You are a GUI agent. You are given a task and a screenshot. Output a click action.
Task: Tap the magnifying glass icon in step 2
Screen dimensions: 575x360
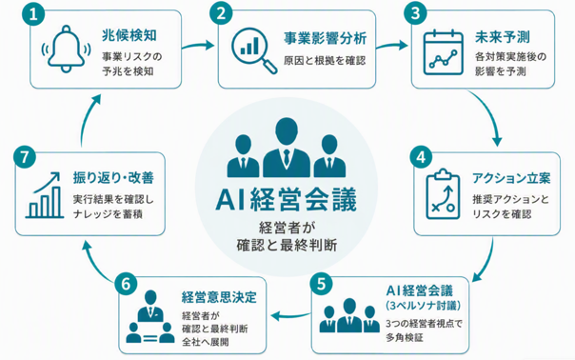(x=254, y=50)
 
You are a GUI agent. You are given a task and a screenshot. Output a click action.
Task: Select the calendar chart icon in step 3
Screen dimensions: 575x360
(x=443, y=52)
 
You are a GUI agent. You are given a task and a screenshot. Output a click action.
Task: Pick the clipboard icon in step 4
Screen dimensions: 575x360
(x=443, y=193)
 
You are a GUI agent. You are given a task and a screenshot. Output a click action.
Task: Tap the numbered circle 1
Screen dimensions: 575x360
(x=33, y=14)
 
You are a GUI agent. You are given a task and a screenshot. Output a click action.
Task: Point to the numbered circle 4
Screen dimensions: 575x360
(x=421, y=157)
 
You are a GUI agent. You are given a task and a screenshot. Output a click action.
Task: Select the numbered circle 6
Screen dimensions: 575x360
(x=126, y=284)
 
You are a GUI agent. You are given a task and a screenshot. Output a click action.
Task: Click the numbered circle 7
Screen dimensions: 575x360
(x=24, y=157)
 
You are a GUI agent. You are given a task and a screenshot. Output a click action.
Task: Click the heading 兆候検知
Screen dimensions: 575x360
(x=129, y=35)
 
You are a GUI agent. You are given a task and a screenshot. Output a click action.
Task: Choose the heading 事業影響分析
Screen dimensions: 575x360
(x=326, y=38)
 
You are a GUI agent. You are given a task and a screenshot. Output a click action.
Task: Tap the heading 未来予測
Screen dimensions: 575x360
(x=503, y=37)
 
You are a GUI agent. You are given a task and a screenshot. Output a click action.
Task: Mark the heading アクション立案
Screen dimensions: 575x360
(x=511, y=178)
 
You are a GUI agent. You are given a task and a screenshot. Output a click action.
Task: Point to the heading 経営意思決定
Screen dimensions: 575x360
(x=219, y=297)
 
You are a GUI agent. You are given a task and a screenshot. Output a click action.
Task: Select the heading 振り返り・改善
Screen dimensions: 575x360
(x=113, y=177)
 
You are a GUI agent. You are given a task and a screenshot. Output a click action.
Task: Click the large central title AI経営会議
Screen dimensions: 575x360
(x=287, y=199)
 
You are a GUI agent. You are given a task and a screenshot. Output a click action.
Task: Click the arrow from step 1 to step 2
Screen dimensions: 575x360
(x=198, y=46)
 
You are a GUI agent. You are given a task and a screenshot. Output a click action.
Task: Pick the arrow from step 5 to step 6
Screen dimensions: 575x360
(x=290, y=315)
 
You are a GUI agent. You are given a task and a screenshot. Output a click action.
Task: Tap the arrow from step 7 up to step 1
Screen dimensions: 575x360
(x=88, y=118)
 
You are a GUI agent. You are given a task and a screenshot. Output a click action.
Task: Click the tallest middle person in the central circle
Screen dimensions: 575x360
(x=287, y=148)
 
